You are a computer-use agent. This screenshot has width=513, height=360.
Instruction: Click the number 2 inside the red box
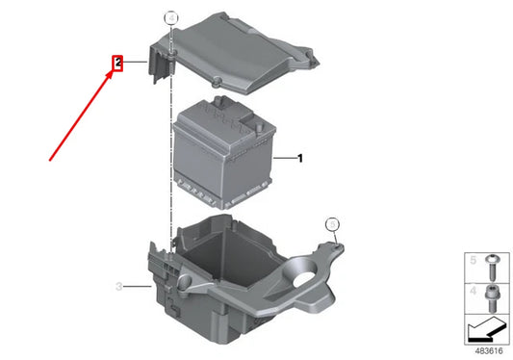pyautogui.click(x=117, y=64)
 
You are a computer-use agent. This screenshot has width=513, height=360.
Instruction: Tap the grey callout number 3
pyautogui.click(x=118, y=286)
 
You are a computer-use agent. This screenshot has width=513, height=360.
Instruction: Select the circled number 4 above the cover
pyautogui.click(x=171, y=17)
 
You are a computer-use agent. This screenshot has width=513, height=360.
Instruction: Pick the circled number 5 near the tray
pyautogui.click(x=332, y=224)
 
